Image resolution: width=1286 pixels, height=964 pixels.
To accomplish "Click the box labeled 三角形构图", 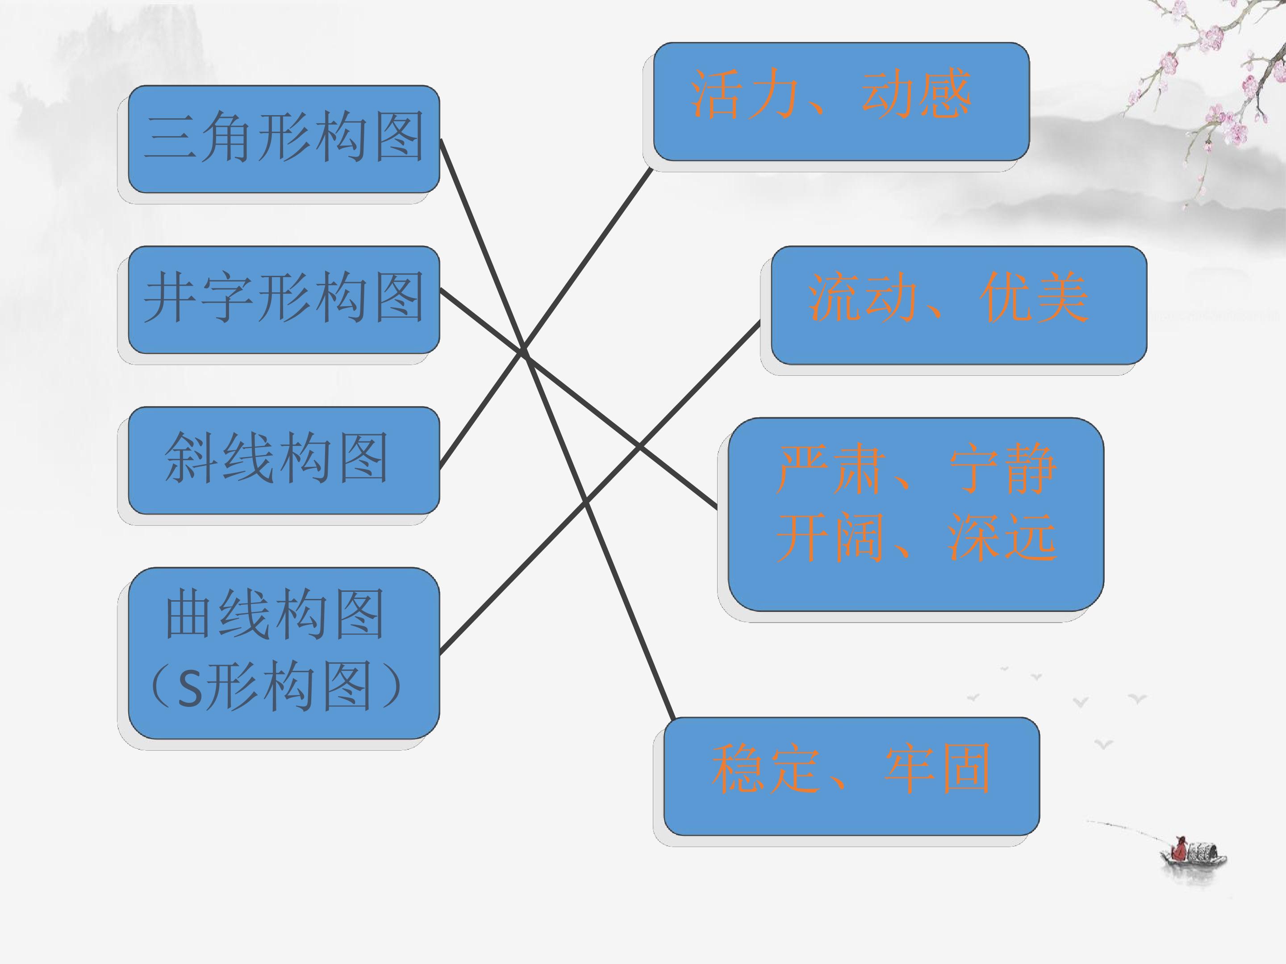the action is coord(284,139).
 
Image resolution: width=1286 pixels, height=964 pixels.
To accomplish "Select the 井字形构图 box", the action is coord(284,300).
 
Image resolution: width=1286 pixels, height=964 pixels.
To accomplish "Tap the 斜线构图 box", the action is coord(284,460).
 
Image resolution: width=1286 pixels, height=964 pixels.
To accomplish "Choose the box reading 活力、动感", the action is coord(841,102).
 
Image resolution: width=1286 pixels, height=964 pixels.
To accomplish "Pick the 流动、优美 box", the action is coord(959,306).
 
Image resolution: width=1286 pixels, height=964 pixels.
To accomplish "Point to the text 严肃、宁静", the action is coord(916,469).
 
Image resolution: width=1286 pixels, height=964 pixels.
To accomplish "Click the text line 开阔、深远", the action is coord(916,537).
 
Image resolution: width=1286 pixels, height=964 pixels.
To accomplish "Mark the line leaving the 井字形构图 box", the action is coord(578,399).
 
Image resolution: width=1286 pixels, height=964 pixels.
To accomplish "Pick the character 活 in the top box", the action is coord(715,94).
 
